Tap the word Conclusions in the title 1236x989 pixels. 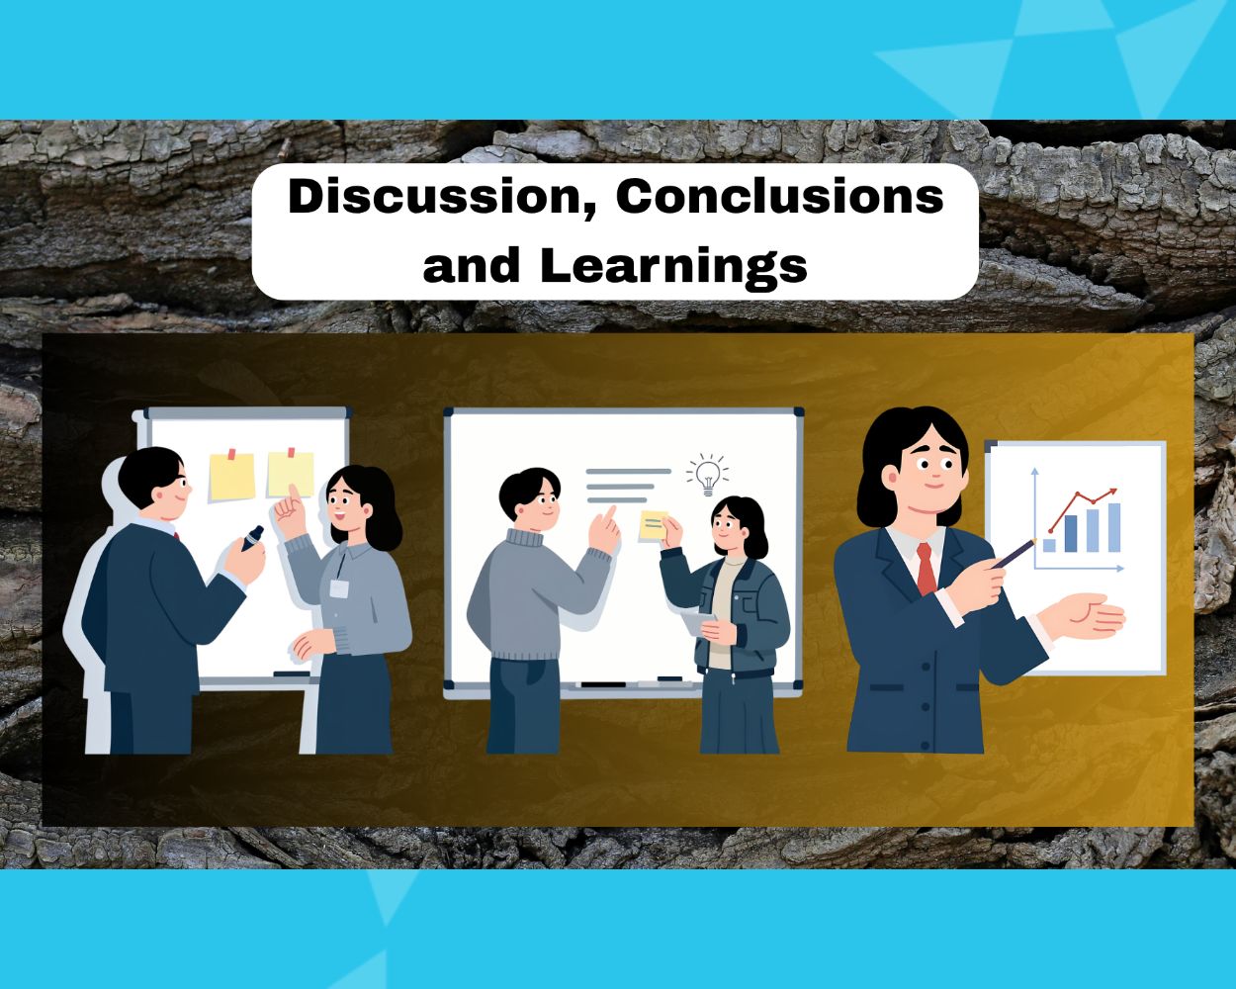pyautogui.click(x=779, y=196)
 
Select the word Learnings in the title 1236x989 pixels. pyautogui.click(x=673, y=266)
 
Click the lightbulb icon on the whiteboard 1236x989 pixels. pyautogui.click(x=708, y=475)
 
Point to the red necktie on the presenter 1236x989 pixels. pyautogui.click(x=926, y=569)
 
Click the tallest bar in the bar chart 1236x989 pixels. pyautogui.click(x=1113, y=527)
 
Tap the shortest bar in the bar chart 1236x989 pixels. pyautogui.click(x=1049, y=545)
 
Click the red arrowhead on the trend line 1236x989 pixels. pyautogui.click(x=1112, y=492)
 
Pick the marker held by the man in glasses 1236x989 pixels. pyautogui.click(x=252, y=538)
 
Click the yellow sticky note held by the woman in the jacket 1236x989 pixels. pyautogui.click(x=653, y=525)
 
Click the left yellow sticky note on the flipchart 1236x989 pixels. pyautogui.click(x=232, y=476)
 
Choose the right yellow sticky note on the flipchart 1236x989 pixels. pyautogui.click(x=291, y=473)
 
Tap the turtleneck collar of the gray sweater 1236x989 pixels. pyautogui.click(x=524, y=538)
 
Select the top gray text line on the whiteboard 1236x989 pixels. pyautogui.click(x=628, y=471)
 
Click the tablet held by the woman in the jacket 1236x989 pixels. pyautogui.click(x=698, y=622)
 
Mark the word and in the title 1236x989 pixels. pyautogui.click(x=472, y=266)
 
